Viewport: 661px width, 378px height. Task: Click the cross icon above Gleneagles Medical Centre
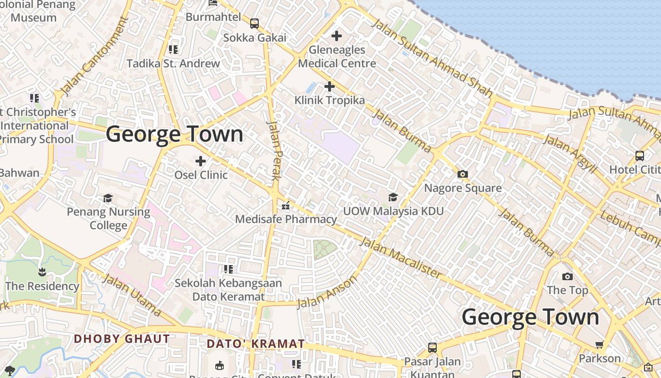(x=337, y=36)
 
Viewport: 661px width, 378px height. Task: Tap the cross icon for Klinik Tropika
(x=330, y=86)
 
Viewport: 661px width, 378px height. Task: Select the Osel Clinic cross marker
(x=201, y=161)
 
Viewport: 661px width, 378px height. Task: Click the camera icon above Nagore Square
(x=463, y=174)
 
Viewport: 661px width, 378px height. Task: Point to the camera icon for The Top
(x=568, y=276)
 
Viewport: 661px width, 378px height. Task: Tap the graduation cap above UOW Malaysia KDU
(x=393, y=197)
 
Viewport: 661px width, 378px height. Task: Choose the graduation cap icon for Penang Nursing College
(x=108, y=198)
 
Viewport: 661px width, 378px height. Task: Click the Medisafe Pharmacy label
(x=286, y=219)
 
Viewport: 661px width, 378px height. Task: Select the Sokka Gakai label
(x=254, y=37)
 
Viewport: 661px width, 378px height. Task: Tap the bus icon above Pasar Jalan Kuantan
(x=432, y=348)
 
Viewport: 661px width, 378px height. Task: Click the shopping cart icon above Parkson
(x=600, y=344)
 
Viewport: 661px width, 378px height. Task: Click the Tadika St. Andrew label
(x=173, y=63)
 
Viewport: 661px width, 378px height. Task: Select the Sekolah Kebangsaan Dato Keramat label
(x=229, y=290)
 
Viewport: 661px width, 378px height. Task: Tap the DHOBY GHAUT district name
(x=122, y=339)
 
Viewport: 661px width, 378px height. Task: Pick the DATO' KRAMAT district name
(x=256, y=344)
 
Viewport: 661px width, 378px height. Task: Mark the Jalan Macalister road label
(x=401, y=258)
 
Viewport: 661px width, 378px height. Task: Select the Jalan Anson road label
(x=327, y=293)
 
